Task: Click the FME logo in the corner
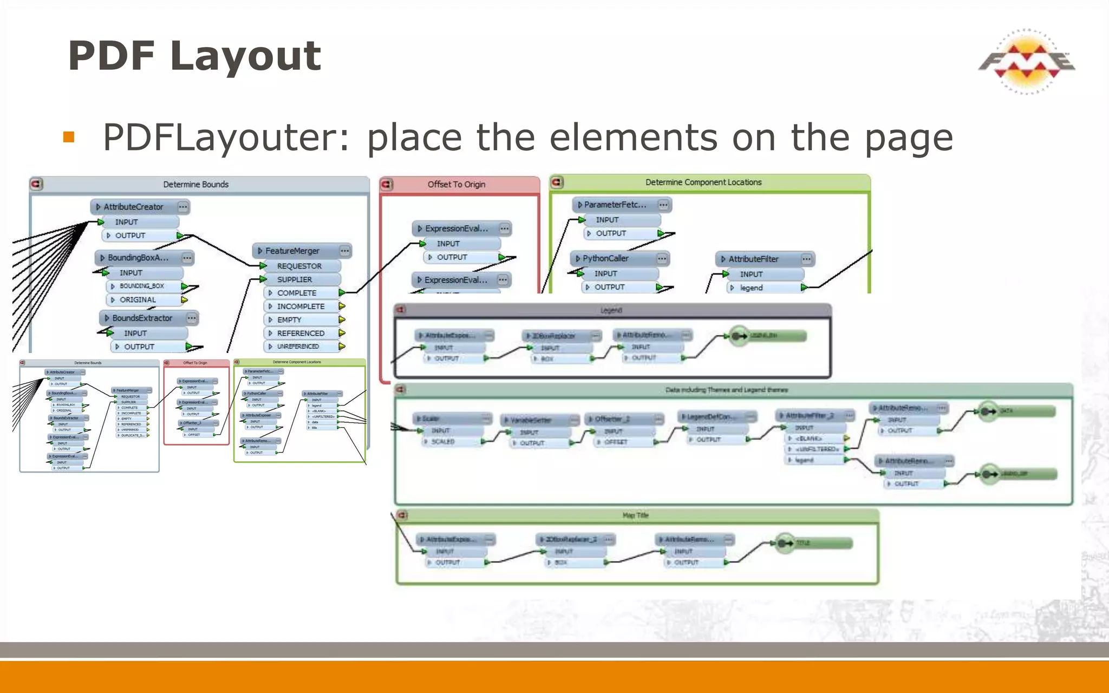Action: pos(1027,62)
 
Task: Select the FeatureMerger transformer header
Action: pos(292,251)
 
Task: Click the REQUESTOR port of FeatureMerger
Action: pos(299,266)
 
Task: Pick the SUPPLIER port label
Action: pos(295,280)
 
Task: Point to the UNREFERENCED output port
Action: pos(298,346)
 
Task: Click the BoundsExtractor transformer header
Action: pos(142,318)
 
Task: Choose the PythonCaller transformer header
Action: pos(605,259)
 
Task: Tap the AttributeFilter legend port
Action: pos(751,288)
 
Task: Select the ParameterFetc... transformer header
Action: pos(615,205)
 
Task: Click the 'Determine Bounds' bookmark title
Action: pos(195,185)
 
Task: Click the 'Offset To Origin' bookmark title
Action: pos(456,185)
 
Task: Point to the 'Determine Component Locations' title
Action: pos(703,182)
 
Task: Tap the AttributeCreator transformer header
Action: pos(133,207)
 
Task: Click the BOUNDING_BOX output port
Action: pos(142,286)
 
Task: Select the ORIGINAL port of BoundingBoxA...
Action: pos(138,300)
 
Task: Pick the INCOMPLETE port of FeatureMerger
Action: pos(301,306)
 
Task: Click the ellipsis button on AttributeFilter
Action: pos(806,259)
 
